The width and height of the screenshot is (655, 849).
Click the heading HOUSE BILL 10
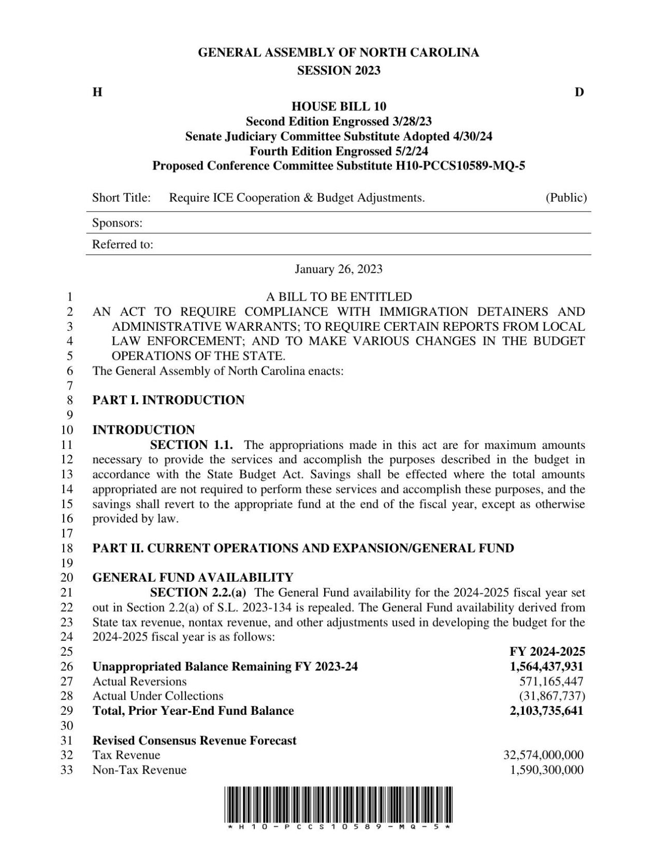pyautogui.click(x=339, y=107)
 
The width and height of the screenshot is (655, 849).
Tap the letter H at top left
pyautogui.click(x=97, y=92)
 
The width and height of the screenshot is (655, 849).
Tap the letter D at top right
pyautogui.click(x=579, y=92)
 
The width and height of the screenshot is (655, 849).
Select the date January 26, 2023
pyautogui.click(x=339, y=268)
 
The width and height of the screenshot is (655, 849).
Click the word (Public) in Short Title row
pyautogui.click(x=566, y=197)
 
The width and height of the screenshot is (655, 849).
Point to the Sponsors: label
pyautogui.click(x=117, y=223)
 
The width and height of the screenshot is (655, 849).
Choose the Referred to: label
pyautogui.click(x=123, y=244)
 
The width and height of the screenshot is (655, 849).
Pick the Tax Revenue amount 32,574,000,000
pyautogui.click(x=543, y=755)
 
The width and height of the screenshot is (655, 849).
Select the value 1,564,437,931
pyautogui.click(x=546, y=666)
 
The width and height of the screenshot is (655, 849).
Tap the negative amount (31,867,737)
pyautogui.click(x=552, y=696)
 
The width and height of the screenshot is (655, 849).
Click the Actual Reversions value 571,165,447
pyautogui.click(x=551, y=681)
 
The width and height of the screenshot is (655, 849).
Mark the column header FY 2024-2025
pyautogui.click(x=547, y=652)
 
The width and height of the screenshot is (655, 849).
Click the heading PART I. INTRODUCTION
pyautogui.click(x=168, y=400)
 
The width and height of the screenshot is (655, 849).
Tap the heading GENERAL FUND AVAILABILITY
pyautogui.click(x=193, y=577)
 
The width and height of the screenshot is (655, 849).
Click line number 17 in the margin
pyautogui.click(x=67, y=533)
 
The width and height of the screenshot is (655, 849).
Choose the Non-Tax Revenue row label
pyautogui.click(x=139, y=770)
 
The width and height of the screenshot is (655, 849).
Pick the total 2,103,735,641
pyautogui.click(x=546, y=711)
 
